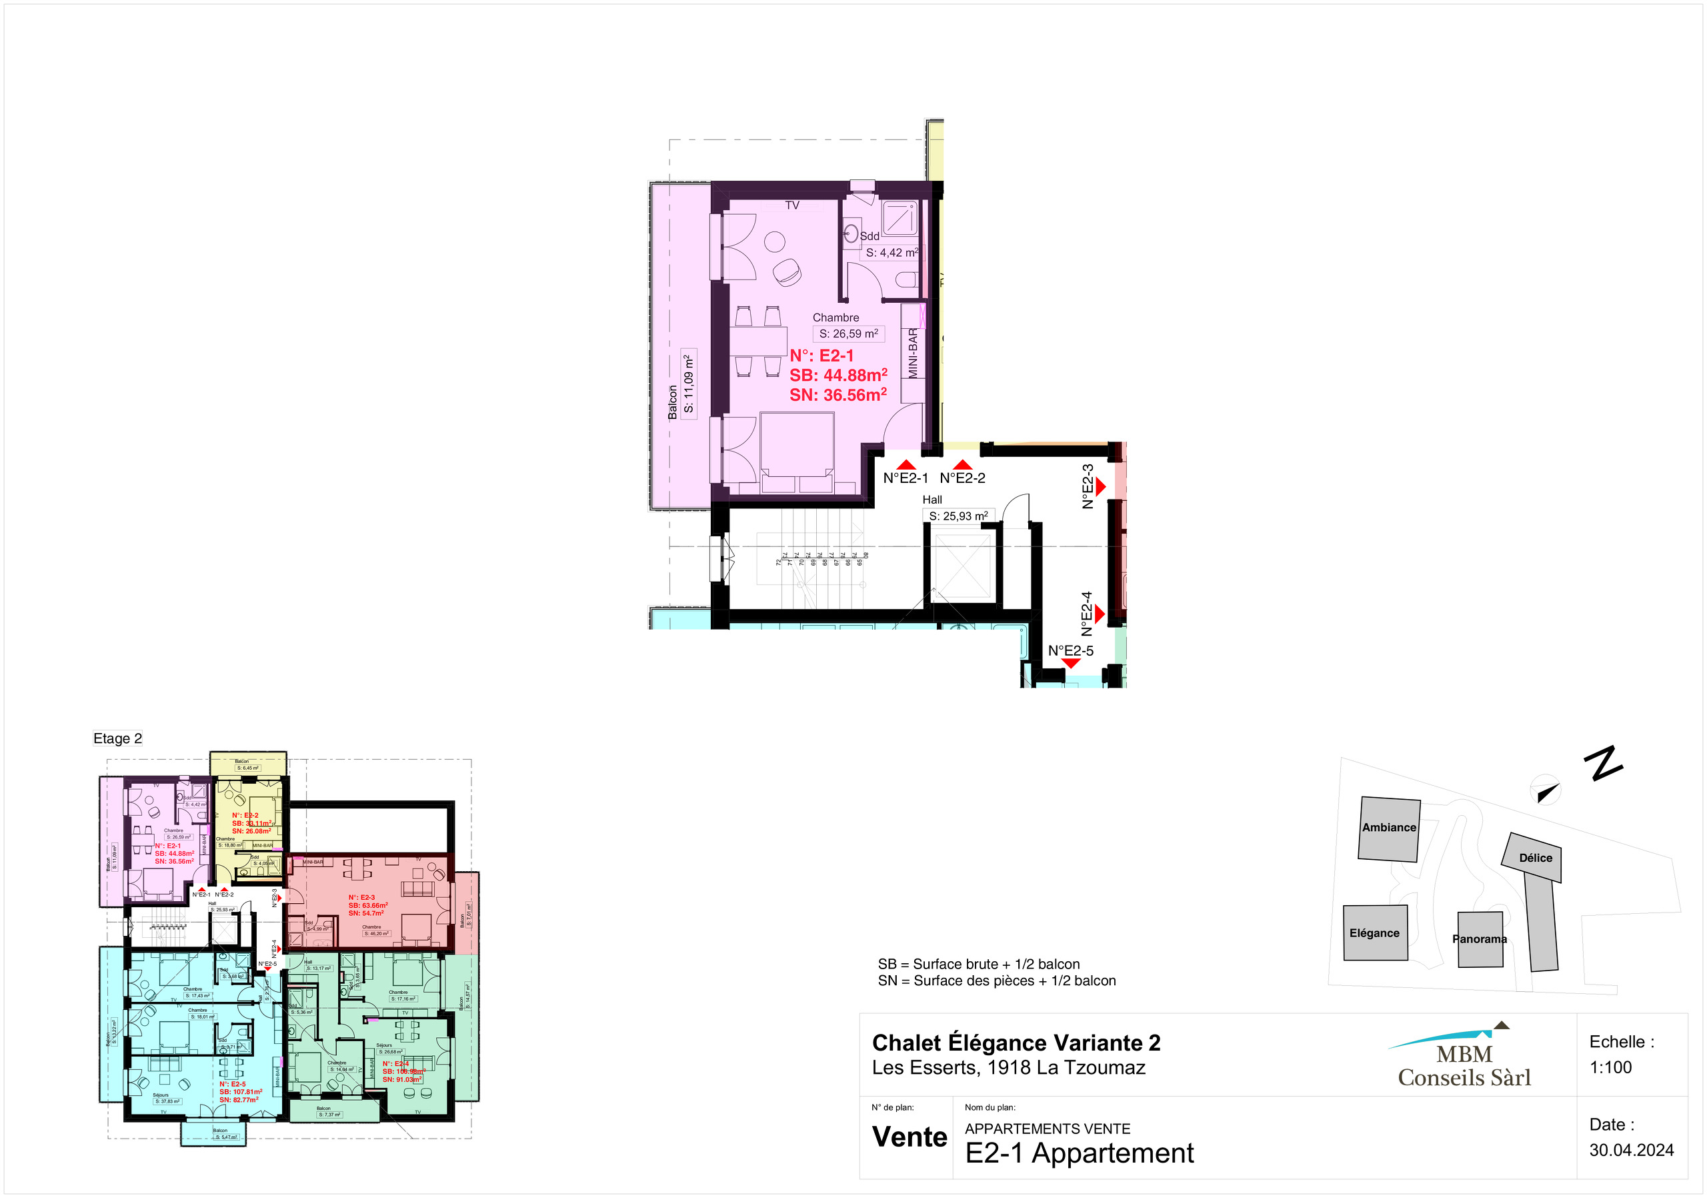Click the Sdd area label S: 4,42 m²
(x=892, y=253)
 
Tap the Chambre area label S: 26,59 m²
(x=848, y=334)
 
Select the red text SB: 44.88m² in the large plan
(x=838, y=376)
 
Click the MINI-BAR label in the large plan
(x=913, y=354)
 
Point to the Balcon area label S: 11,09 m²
(x=688, y=384)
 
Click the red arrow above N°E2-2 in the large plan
(x=963, y=465)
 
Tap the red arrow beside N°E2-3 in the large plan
(x=1101, y=486)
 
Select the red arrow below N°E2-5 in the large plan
(x=1071, y=662)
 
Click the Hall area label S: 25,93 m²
(x=958, y=516)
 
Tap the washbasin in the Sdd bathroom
(x=851, y=235)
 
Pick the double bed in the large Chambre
(x=797, y=452)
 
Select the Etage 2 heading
(x=117, y=738)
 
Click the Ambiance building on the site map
(x=1389, y=828)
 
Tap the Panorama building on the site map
(x=1480, y=939)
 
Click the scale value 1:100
(x=1610, y=1067)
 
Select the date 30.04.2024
(x=1631, y=1151)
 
